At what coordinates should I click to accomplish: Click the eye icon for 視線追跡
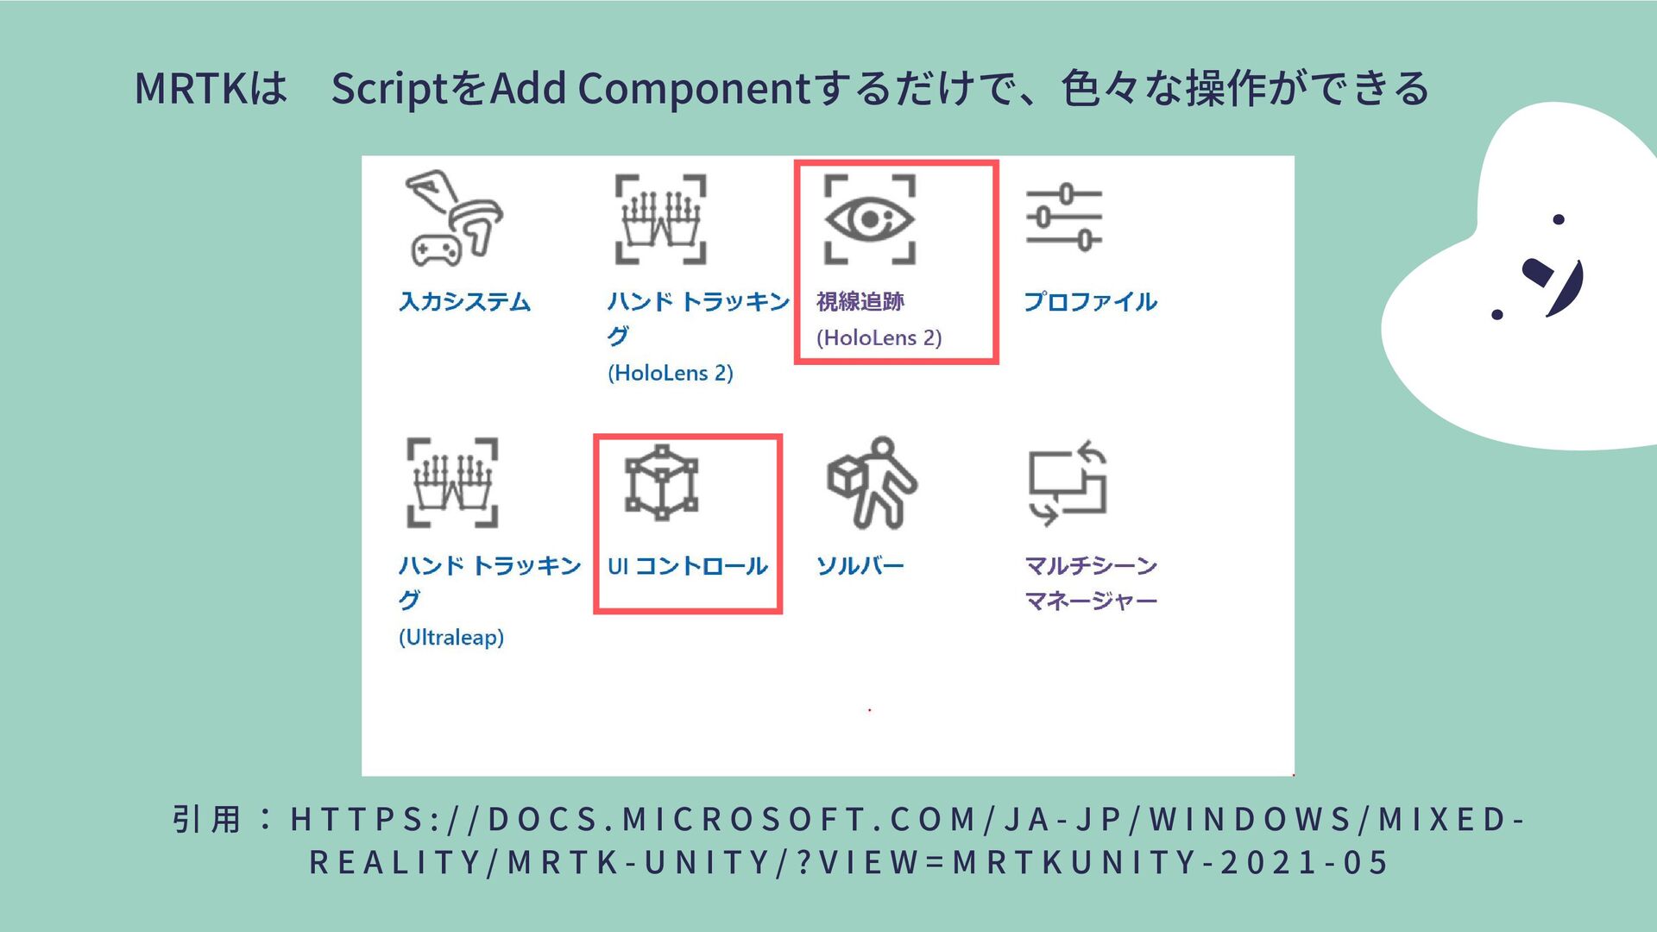point(869,219)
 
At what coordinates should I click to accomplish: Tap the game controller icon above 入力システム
point(453,218)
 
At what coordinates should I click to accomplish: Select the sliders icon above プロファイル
point(1063,217)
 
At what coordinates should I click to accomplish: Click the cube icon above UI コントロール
point(661,482)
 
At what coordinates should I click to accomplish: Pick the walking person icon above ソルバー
point(872,482)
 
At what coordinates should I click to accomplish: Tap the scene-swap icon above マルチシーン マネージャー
point(1068,483)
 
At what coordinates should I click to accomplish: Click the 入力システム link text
point(464,302)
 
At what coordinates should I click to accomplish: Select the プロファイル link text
point(1090,302)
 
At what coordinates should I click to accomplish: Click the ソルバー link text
point(860,566)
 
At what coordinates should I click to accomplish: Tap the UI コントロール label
point(688,566)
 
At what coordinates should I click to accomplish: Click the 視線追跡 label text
point(860,302)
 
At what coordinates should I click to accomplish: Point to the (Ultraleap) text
point(451,638)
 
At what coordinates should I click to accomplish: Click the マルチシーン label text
point(1090,566)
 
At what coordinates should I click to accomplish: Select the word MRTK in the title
point(191,89)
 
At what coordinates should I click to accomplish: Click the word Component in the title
point(694,89)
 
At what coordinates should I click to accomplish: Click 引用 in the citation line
point(206,819)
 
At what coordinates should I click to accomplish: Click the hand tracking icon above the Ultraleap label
point(452,482)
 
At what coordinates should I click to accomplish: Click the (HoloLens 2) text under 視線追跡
point(879,338)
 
